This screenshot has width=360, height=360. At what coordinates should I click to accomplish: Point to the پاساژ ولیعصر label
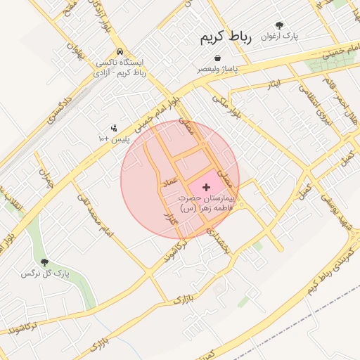[217, 69]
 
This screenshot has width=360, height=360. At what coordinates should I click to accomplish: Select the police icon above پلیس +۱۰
[114, 128]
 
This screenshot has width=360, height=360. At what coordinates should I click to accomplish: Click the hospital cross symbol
[206, 187]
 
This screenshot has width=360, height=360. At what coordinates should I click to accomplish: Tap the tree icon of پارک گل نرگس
[44, 262]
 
